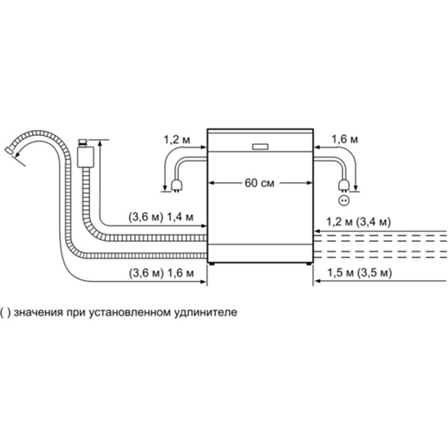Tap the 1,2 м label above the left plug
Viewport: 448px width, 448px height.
[x=175, y=140]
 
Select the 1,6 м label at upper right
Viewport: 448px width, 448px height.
[x=344, y=140]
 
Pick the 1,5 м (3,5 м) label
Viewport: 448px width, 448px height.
[x=355, y=273]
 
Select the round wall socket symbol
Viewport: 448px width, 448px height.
[x=344, y=200]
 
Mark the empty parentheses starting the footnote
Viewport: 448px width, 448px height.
[x=6, y=312]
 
